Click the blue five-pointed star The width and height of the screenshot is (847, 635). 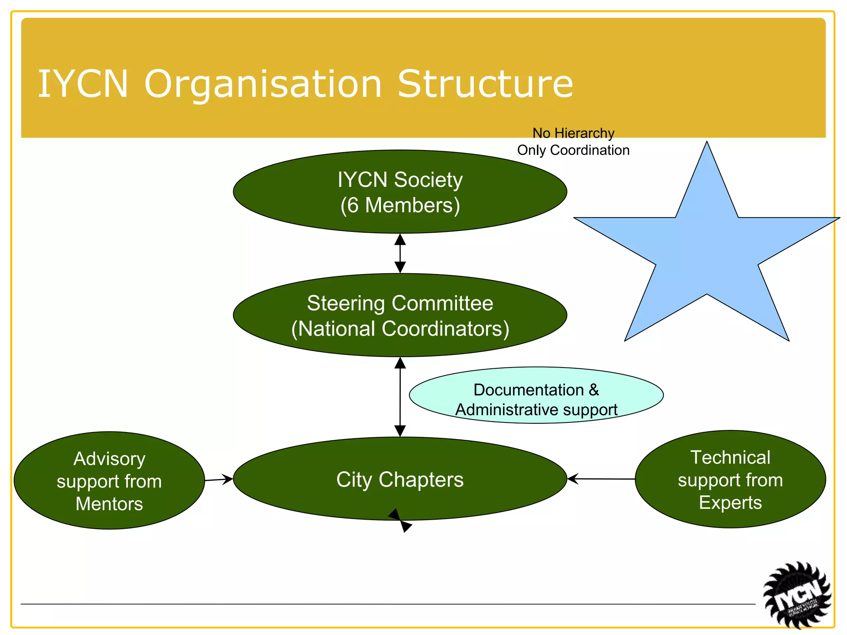pyautogui.click(x=706, y=252)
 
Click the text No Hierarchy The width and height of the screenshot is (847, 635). pyautogui.click(x=573, y=133)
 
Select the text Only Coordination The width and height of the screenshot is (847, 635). pyautogui.click(x=573, y=150)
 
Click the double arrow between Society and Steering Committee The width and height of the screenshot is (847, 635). pyautogui.click(x=400, y=253)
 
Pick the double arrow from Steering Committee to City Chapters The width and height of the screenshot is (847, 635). pyautogui.click(x=400, y=397)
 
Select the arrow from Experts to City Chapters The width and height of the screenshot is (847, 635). pyautogui.click(x=601, y=479)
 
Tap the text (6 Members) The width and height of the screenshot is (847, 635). pyautogui.click(x=400, y=205)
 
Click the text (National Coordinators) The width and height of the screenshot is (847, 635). pyautogui.click(x=400, y=329)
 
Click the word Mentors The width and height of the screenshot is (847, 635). pyautogui.click(x=109, y=504)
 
